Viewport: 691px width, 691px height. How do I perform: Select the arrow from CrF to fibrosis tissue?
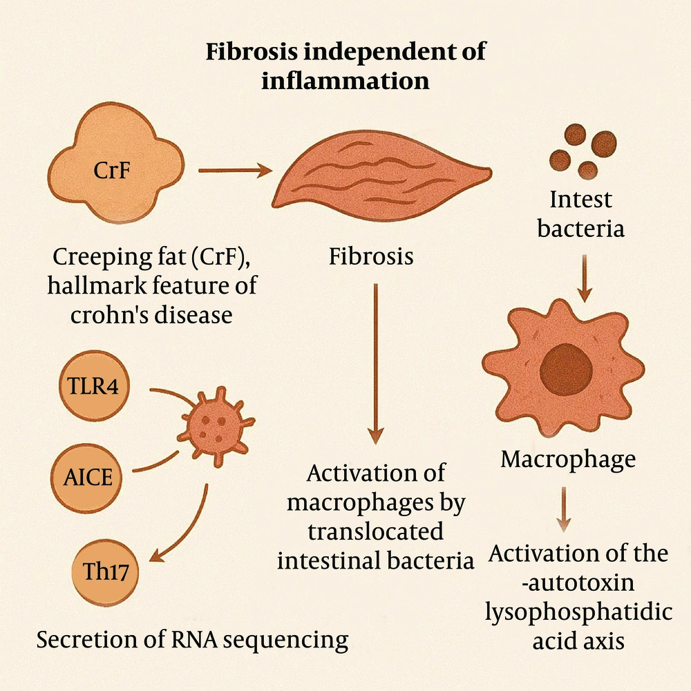234,169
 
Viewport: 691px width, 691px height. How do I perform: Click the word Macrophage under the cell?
568,460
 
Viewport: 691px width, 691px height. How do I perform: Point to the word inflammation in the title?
345,81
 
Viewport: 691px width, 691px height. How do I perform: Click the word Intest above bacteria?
580,201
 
